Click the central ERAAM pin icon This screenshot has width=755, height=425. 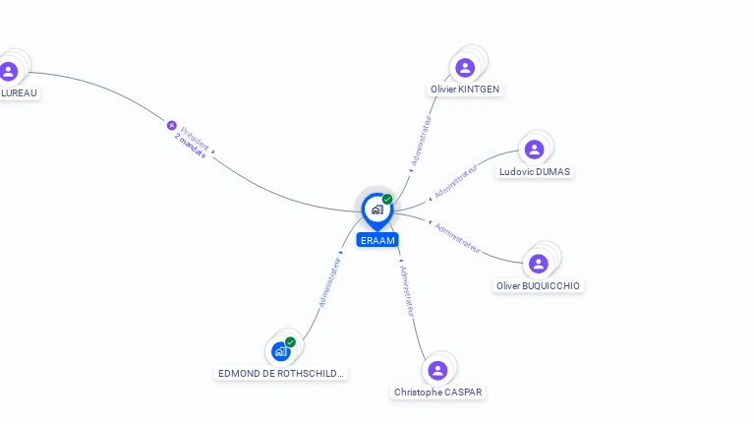tap(377, 211)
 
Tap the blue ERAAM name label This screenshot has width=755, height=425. tap(377, 240)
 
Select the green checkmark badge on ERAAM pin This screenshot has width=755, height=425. tap(387, 199)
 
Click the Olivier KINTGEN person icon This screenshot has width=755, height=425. tap(465, 68)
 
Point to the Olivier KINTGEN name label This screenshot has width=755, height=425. tap(465, 90)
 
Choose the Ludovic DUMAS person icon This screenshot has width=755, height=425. tap(534, 150)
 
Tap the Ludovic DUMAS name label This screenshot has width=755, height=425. tap(535, 171)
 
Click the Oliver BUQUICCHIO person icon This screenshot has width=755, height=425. tap(539, 264)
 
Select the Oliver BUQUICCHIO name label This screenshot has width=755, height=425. tap(538, 285)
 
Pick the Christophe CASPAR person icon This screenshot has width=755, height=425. tap(437, 371)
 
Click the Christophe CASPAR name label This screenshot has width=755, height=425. tap(437, 393)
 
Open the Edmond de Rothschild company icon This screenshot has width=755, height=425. tap(281, 352)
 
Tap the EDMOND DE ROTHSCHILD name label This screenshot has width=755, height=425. tap(281, 374)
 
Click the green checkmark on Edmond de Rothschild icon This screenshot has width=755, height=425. tap(290, 342)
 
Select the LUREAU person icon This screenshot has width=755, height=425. tap(9, 71)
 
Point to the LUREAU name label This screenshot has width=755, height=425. tap(19, 93)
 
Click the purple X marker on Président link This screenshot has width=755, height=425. tap(171, 125)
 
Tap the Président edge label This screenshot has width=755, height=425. tap(195, 139)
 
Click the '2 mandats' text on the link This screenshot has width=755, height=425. tap(190, 146)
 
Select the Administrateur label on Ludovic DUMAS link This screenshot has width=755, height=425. tap(455, 181)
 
